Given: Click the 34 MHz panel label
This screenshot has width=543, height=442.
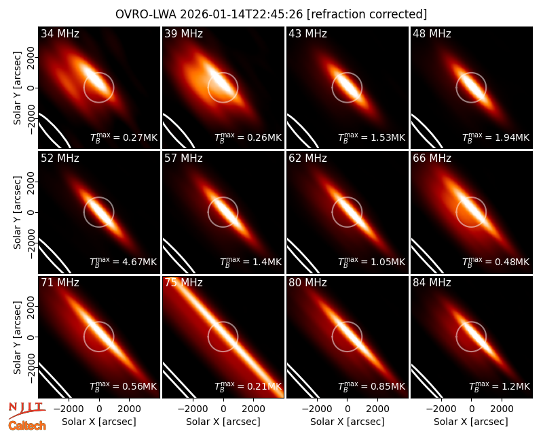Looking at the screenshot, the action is (x=60, y=33).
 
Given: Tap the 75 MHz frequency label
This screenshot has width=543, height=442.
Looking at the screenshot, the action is (x=183, y=282).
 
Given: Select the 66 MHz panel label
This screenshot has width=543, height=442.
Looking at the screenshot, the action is (x=432, y=158).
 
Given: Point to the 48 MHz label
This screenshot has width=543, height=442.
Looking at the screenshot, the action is (x=432, y=33).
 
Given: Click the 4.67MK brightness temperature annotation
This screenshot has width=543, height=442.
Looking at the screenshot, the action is (x=140, y=262).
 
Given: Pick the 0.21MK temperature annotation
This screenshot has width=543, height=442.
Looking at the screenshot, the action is (x=264, y=386).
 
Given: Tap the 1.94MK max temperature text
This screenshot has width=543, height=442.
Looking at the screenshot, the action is (x=512, y=137).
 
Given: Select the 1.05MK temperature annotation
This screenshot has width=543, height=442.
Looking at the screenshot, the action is (x=388, y=262).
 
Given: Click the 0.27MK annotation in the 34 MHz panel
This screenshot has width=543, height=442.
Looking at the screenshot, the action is (x=140, y=137).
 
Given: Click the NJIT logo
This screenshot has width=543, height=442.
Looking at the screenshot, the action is (x=27, y=409).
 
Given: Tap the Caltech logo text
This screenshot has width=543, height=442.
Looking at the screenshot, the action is (x=27, y=426).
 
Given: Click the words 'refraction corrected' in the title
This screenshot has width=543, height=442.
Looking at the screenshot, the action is (x=367, y=14).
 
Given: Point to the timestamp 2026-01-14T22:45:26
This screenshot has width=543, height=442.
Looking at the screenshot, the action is (x=242, y=14).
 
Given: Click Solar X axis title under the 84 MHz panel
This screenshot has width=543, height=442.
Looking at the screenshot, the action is (x=471, y=422).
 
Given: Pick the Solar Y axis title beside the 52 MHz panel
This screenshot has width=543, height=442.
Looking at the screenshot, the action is (x=17, y=212).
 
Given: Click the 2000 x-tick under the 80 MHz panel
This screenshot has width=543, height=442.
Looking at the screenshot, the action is (x=377, y=409).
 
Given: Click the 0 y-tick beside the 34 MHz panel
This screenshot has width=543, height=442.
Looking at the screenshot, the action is (x=31, y=88).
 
